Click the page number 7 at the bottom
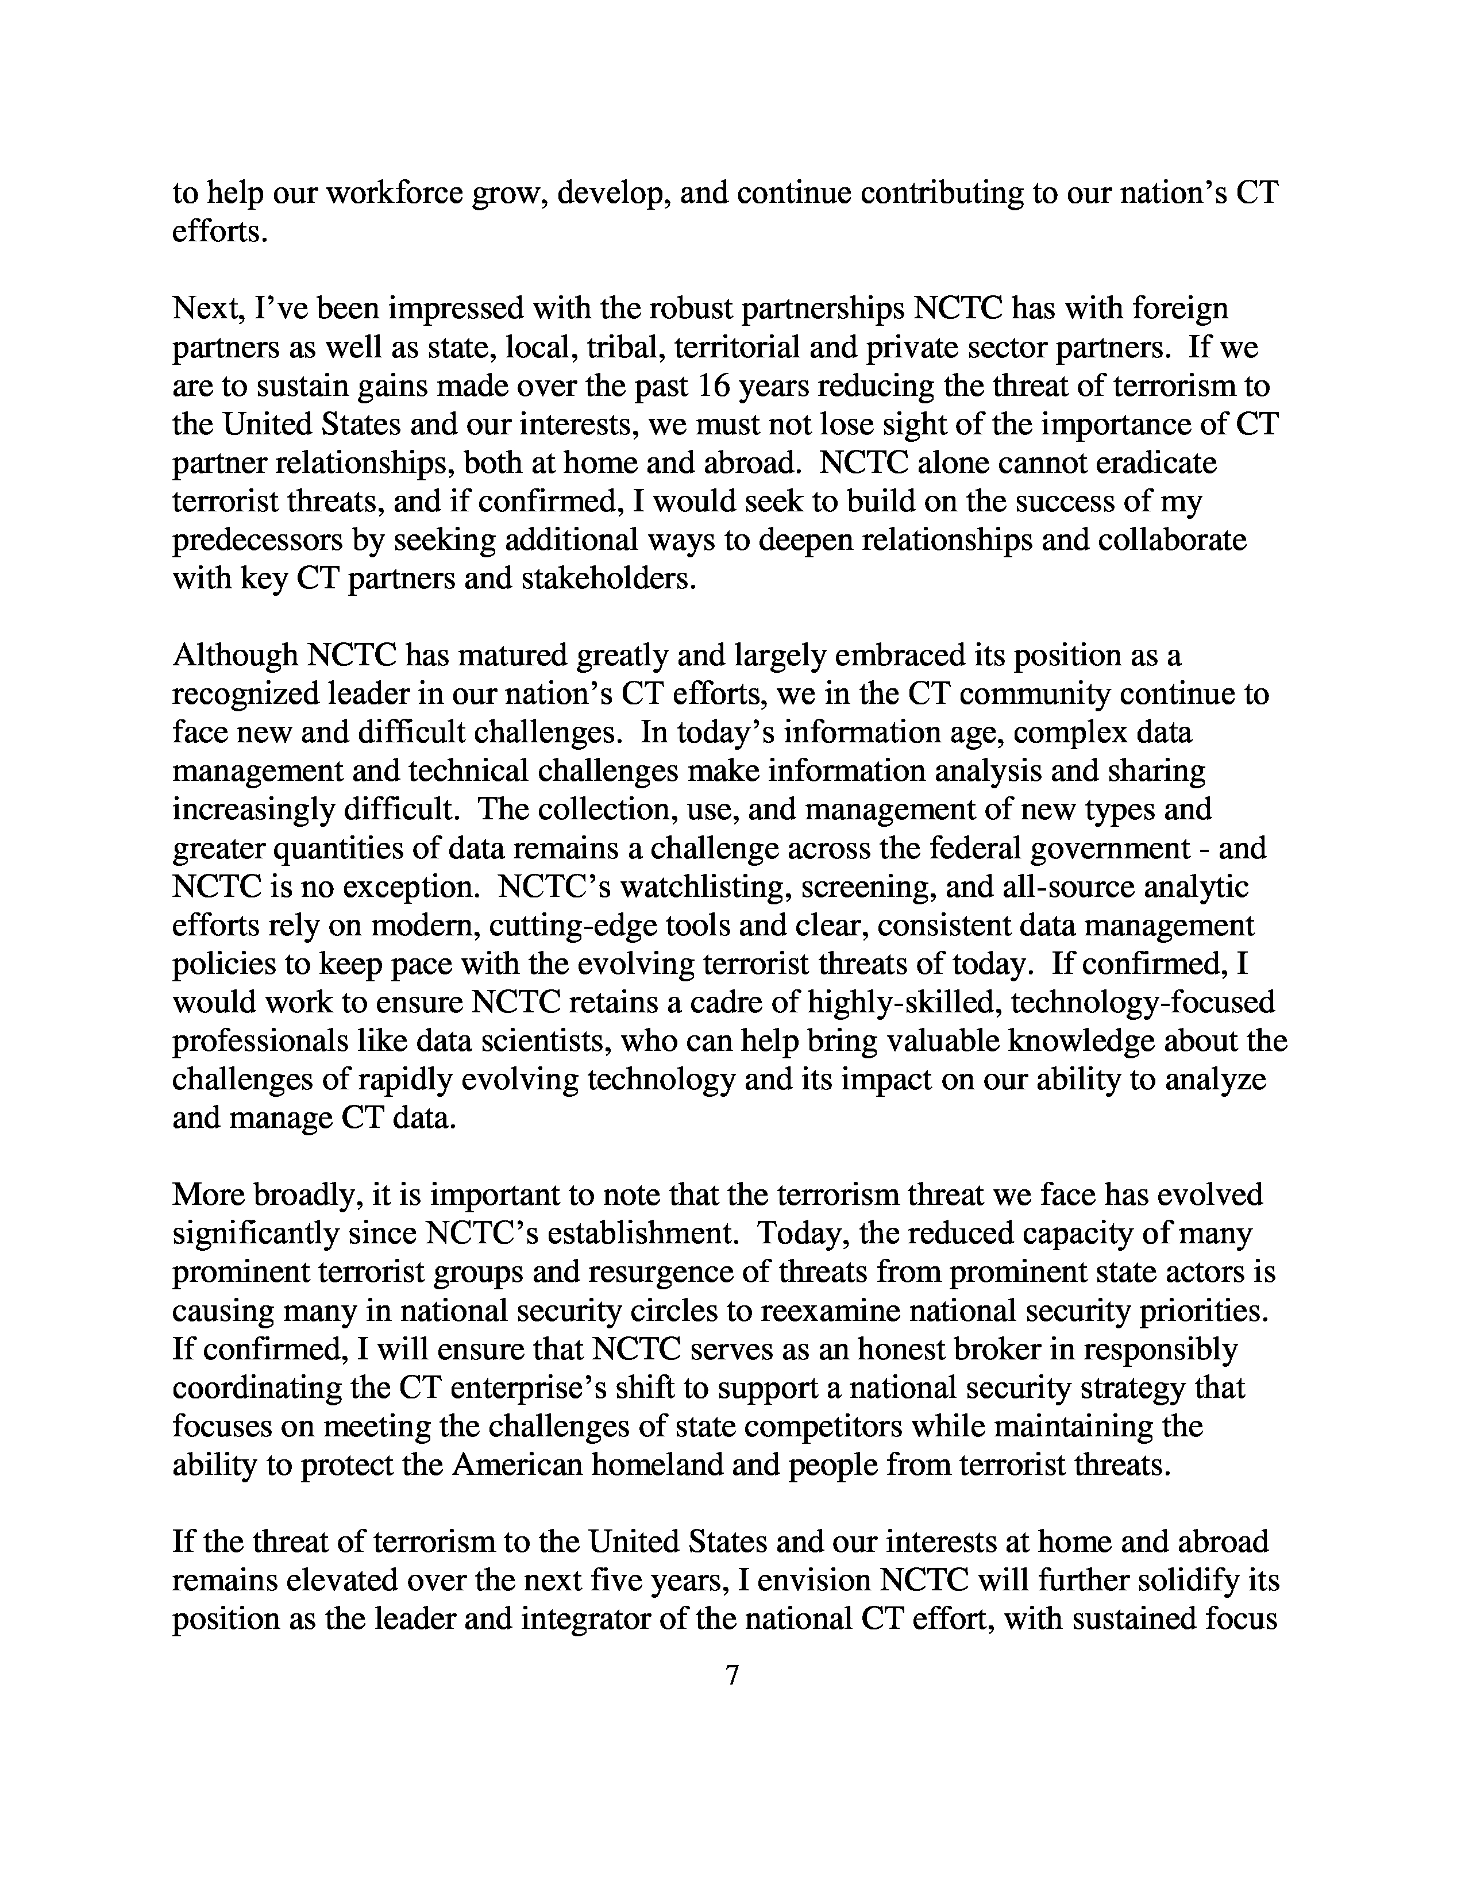pyautogui.click(x=731, y=1675)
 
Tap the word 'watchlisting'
pyautogui.click(x=702, y=887)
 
